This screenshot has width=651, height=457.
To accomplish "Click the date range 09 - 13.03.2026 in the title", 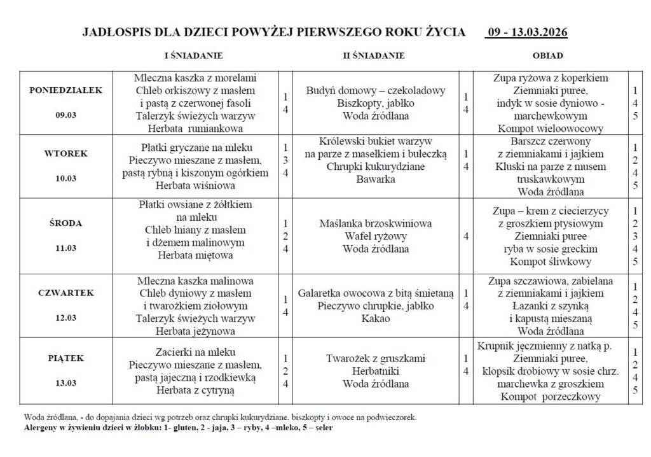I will click(528, 32).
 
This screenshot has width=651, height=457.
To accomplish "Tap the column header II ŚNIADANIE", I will click(374, 55).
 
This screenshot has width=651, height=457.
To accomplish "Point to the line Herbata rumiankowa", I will click(195, 127).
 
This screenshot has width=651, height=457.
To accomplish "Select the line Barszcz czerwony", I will click(551, 141).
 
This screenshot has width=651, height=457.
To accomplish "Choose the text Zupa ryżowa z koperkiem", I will click(551, 78).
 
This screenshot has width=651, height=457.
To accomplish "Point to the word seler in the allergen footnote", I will click(322, 428).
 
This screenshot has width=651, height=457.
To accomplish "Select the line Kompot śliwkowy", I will click(551, 261).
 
